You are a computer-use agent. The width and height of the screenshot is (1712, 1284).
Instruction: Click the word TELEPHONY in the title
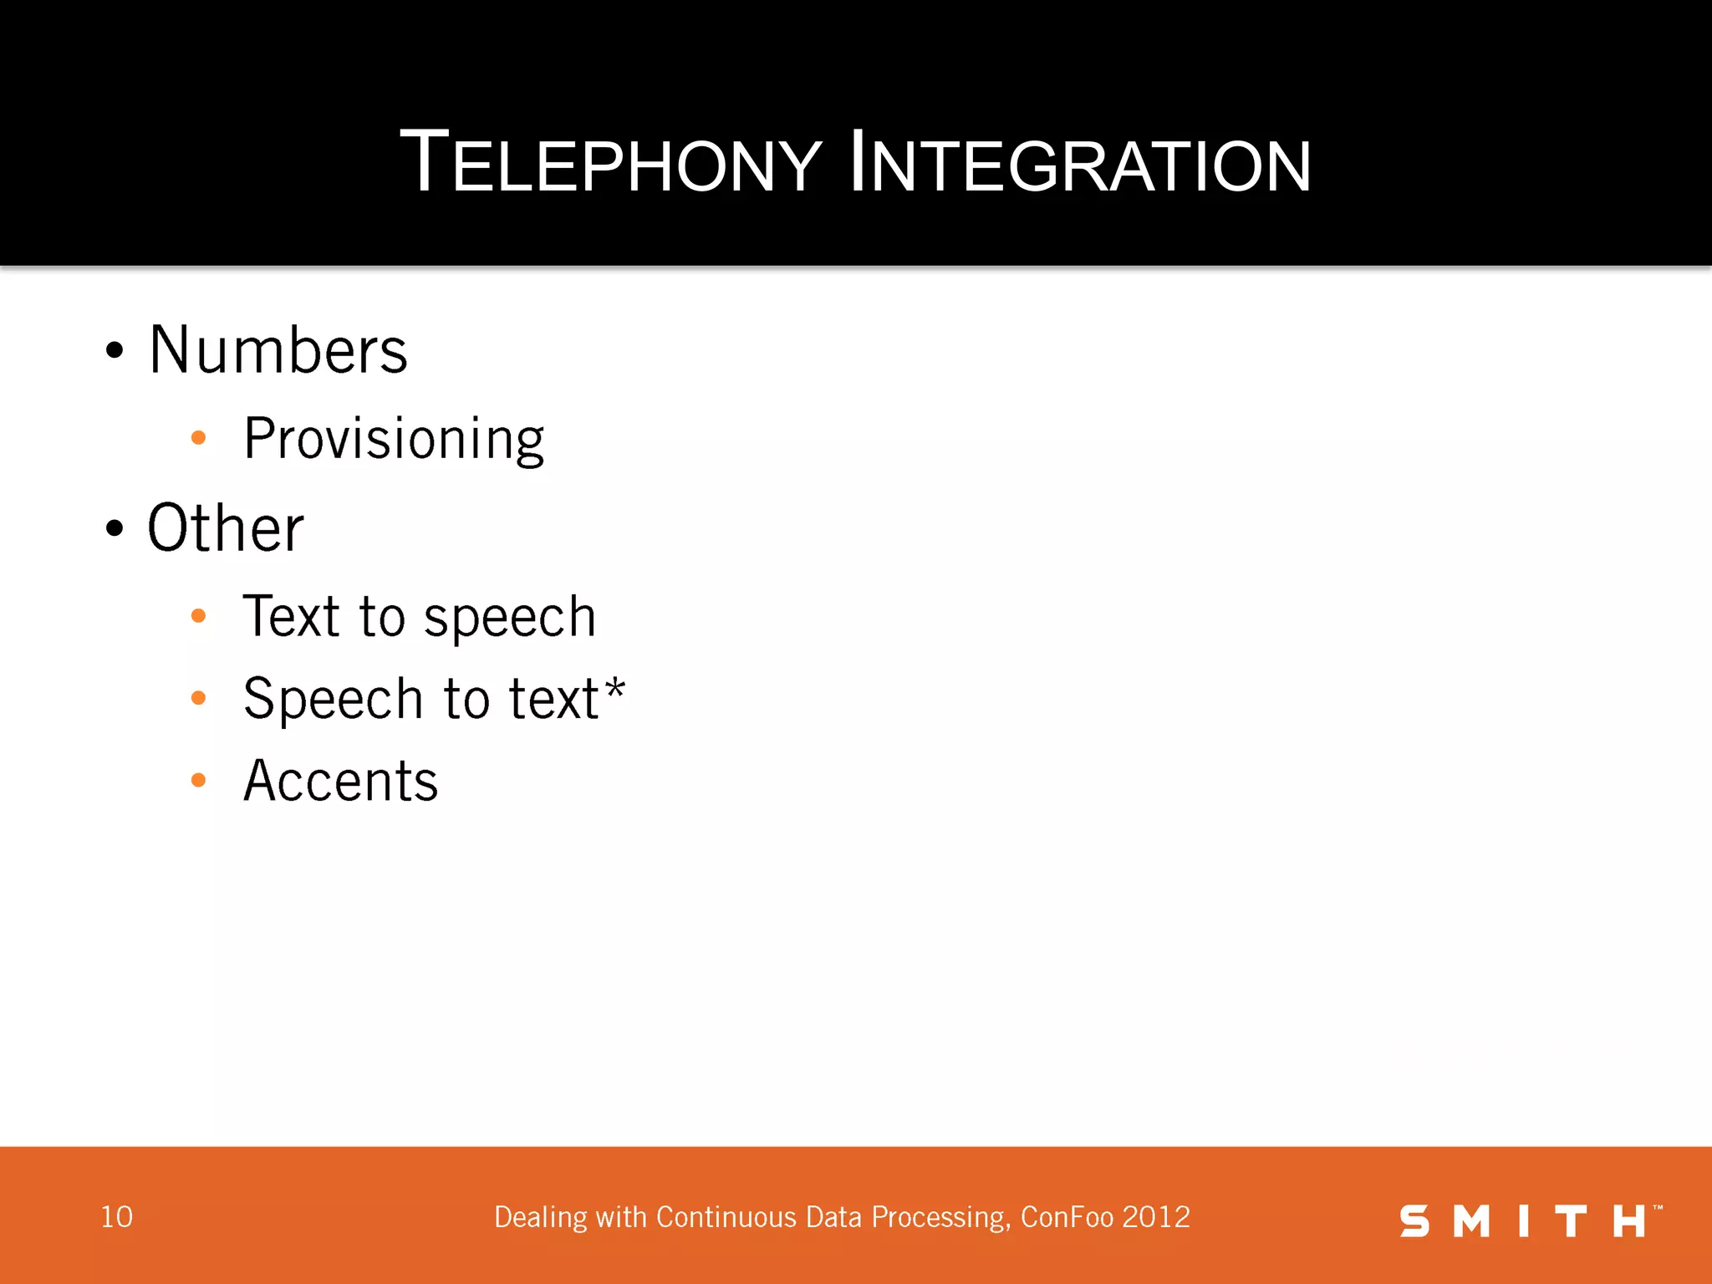(610, 162)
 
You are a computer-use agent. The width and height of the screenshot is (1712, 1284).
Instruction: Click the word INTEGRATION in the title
(1079, 162)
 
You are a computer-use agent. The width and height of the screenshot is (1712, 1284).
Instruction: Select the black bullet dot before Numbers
(115, 350)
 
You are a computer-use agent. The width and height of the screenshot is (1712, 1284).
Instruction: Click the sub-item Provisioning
(394, 440)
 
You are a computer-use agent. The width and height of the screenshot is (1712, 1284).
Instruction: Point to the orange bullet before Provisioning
(198, 437)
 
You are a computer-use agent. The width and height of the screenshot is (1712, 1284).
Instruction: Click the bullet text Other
(226, 528)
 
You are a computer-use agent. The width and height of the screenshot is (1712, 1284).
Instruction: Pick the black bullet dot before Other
(115, 528)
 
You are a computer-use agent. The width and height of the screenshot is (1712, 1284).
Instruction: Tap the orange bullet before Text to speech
(198, 616)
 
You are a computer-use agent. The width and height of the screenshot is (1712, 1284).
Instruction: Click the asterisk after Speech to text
(615, 690)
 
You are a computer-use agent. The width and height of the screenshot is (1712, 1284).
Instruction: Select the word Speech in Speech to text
(333, 699)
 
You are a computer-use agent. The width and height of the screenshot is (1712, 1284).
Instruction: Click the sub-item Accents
(340, 781)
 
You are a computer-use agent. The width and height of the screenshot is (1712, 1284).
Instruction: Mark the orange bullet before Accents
(198, 780)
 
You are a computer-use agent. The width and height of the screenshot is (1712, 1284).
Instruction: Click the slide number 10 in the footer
(116, 1217)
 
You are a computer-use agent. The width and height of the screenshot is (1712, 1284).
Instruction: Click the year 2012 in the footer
(1156, 1217)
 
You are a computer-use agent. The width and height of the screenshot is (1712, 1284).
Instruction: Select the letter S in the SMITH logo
(1414, 1221)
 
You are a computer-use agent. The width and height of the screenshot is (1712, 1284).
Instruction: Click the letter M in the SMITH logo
(1472, 1221)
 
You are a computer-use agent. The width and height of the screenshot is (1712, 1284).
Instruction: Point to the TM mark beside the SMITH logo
(1658, 1207)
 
